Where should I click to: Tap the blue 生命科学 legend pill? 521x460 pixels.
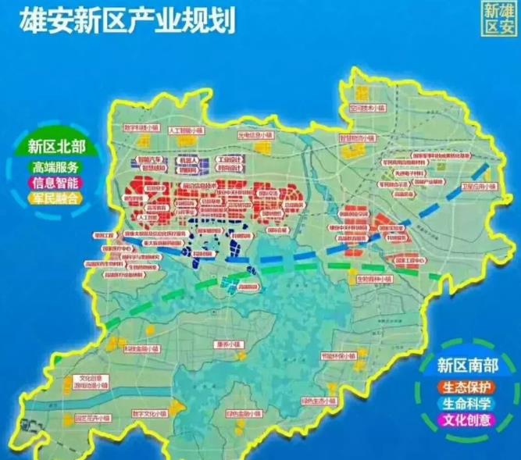pyautogui.click(x=466, y=404)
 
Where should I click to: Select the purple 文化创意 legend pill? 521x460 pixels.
pyautogui.click(x=466, y=420)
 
